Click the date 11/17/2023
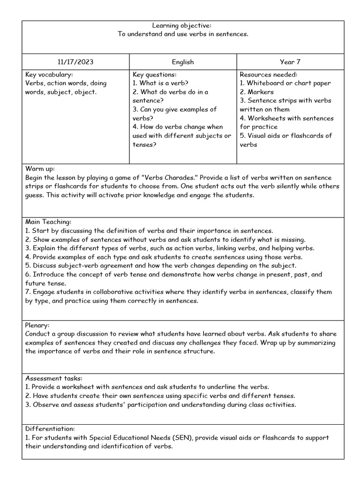(75, 62)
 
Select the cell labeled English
(183, 62)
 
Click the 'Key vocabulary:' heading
(49, 75)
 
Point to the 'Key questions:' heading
(155, 75)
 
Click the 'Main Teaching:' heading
(48, 222)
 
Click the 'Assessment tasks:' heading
(53, 378)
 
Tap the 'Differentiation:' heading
(50, 428)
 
